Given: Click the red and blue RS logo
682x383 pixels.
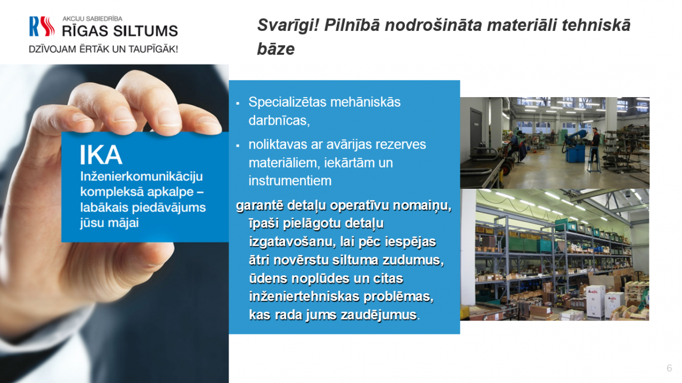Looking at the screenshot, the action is pos(42,27).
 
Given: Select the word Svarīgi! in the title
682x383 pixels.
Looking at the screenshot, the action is pos(288,26).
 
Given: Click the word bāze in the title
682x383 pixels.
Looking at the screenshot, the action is pos(276,49).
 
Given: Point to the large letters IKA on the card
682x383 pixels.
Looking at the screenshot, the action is pos(101,155).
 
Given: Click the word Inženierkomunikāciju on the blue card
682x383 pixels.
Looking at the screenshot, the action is pos(142,176).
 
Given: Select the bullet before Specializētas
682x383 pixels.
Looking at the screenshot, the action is pos(238,103).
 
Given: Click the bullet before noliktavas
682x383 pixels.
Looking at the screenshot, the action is pos(238,146).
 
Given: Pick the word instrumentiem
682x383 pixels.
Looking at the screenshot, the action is pos(290,181).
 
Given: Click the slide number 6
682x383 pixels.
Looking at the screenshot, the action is pos(669,368).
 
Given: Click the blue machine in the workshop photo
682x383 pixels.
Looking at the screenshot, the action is pos(575,146).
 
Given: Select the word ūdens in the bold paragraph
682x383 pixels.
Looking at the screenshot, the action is pos(267,278).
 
